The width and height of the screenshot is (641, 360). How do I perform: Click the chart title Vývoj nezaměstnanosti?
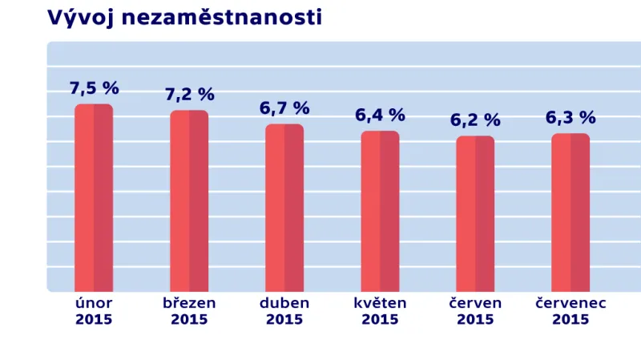point(185,18)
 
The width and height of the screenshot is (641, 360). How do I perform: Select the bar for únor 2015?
point(94,198)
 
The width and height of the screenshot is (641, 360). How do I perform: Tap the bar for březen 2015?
point(189,201)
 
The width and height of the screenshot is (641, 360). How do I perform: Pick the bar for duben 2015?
point(284,208)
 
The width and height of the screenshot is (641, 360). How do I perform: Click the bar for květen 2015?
point(380,212)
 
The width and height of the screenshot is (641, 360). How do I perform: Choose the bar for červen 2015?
point(475,214)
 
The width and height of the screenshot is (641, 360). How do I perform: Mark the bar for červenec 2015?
point(570,212)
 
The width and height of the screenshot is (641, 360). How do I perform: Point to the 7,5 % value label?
point(94,88)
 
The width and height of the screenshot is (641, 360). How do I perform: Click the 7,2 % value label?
point(189,95)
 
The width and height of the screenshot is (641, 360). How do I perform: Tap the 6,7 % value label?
point(284,108)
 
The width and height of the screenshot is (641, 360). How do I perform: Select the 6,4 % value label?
point(380,115)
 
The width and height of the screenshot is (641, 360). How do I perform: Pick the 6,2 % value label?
point(475,120)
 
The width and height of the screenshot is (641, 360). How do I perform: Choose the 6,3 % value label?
point(570,118)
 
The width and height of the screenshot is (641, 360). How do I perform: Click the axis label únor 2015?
point(94,311)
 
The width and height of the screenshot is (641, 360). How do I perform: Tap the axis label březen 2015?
point(189,311)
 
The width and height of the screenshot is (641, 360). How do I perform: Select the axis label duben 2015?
point(284,311)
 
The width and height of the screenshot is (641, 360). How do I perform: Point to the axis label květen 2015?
point(380,311)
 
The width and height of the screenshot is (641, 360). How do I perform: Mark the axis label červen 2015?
point(475,311)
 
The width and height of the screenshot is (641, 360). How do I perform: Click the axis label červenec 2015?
point(570,311)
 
